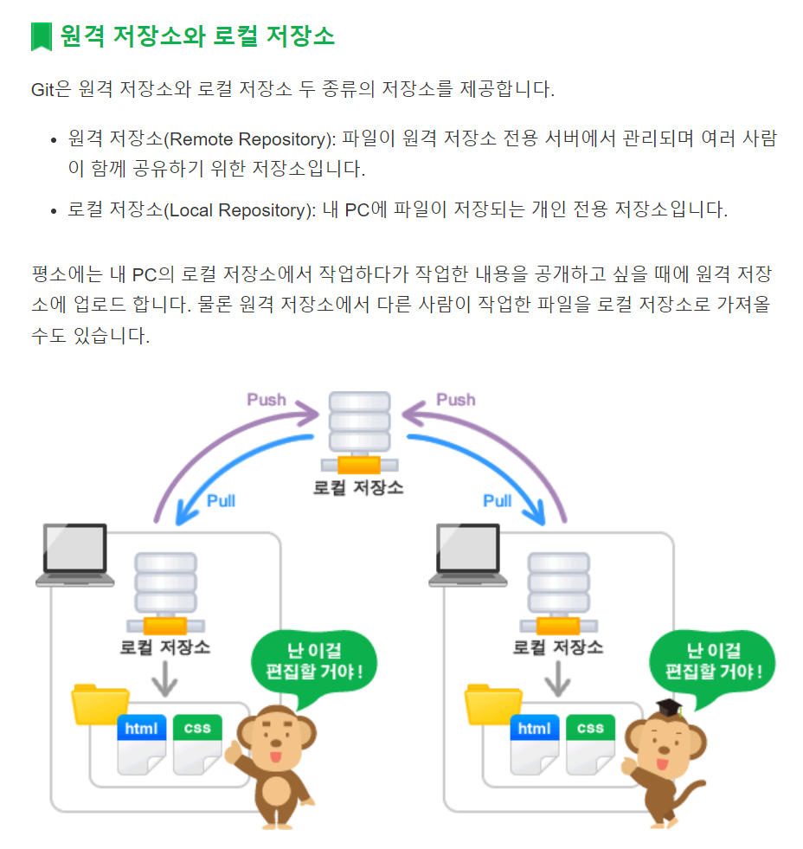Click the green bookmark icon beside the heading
[41, 36]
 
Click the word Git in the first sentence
[42, 89]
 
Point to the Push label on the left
[267, 400]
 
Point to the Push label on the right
[456, 400]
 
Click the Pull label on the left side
[221, 501]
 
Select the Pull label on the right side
[498, 501]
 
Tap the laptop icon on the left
[75, 554]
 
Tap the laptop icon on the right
[469, 554]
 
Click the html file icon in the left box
[141, 743]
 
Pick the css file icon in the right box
[591, 743]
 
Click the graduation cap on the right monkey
[669, 708]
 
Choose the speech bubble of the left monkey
[314, 659]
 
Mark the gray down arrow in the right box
[558, 681]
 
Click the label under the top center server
[358, 487]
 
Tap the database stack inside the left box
[165, 593]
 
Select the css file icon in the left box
[197, 743]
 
